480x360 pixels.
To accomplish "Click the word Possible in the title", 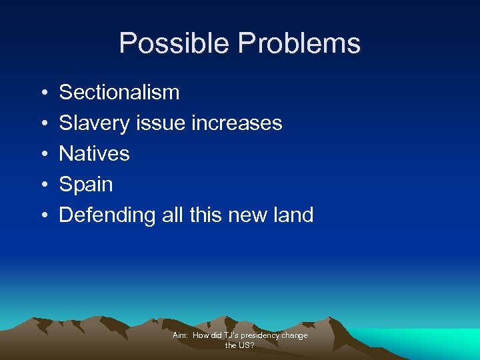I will (x=175, y=43).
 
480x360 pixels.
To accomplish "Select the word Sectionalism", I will (x=119, y=92).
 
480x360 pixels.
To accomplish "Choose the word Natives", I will (x=94, y=153).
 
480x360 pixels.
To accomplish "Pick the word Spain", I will (x=86, y=185).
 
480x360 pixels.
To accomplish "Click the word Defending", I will (x=107, y=215).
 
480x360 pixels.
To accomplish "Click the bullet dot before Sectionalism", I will (x=43, y=93).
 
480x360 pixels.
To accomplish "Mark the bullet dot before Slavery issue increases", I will (x=43, y=123).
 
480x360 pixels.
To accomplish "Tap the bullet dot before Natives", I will (x=43, y=154).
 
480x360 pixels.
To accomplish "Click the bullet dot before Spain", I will (x=43, y=185).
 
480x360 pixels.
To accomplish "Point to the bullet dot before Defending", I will (x=43, y=215).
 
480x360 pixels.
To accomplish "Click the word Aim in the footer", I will (x=179, y=335).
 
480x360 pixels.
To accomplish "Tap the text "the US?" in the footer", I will (x=240, y=345).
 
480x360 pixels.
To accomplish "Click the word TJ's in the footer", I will (x=231, y=335).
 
